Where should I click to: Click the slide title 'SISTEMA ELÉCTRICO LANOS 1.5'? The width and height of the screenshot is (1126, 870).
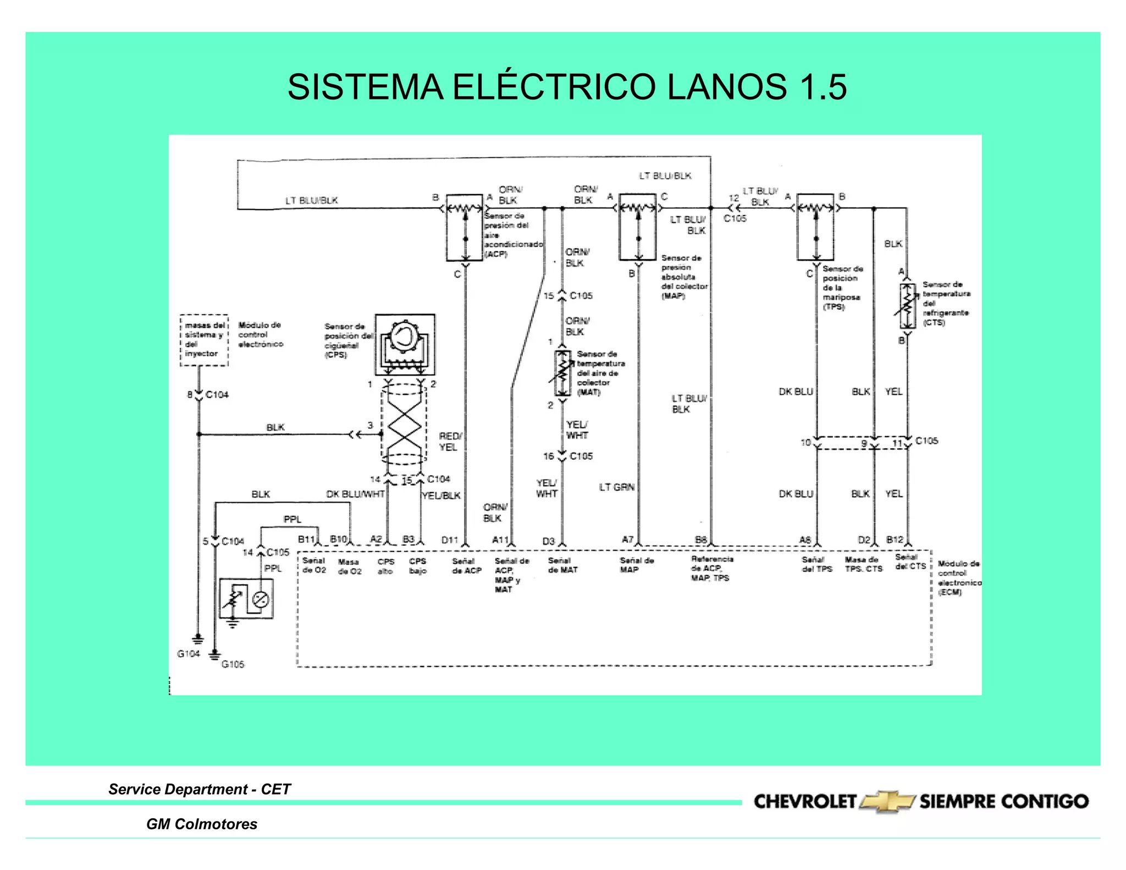(x=567, y=87)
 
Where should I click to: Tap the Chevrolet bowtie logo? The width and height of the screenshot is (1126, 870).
(x=887, y=801)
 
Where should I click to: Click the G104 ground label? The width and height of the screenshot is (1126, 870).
(x=188, y=653)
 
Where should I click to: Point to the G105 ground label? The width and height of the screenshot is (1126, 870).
(x=233, y=664)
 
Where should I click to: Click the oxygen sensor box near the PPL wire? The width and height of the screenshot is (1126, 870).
(x=246, y=599)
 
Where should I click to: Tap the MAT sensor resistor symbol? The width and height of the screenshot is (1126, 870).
(x=562, y=373)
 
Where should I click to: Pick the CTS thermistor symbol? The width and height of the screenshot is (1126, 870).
(x=907, y=306)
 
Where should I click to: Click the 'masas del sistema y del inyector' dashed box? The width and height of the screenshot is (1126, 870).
(x=204, y=340)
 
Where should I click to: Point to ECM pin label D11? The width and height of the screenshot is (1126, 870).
(x=450, y=540)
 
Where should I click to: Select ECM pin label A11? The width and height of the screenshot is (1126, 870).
(x=500, y=540)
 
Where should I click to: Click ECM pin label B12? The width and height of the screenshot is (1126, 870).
(x=895, y=539)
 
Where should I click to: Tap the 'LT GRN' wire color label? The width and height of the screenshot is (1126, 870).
(x=616, y=487)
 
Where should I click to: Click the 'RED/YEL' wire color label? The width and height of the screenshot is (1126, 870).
(x=450, y=442)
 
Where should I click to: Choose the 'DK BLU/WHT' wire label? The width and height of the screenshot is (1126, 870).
(x=355, y=494)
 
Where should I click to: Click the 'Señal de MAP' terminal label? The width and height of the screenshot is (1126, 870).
(x=636, y=565)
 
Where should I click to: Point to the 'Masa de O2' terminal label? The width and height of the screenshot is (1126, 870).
(x=350, y=566)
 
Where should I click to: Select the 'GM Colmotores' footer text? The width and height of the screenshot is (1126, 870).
(x=201, y=824)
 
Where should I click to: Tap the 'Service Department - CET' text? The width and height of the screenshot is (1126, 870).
(x=199, y=789)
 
